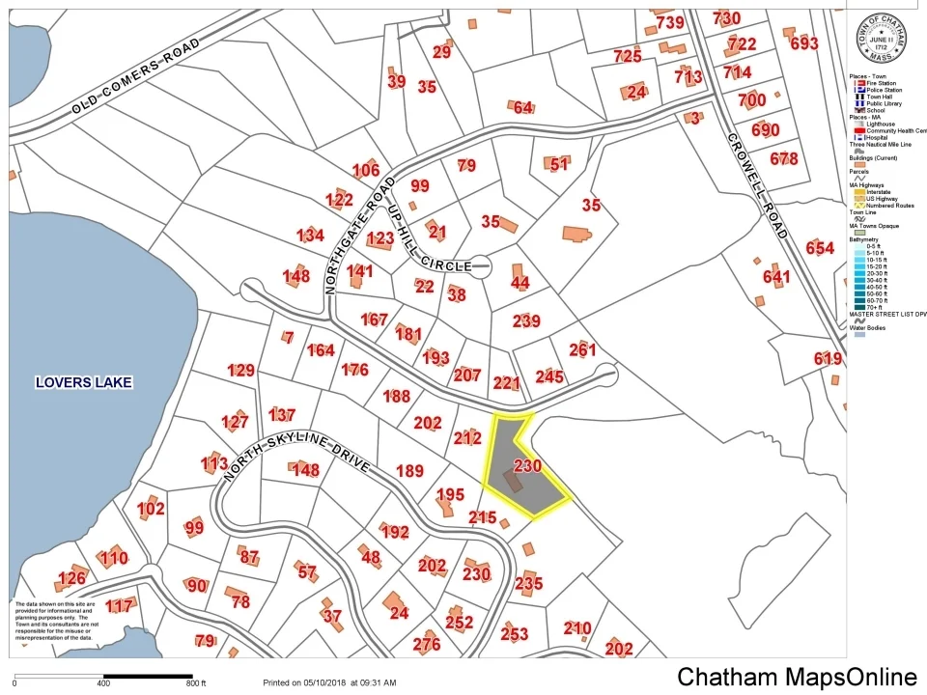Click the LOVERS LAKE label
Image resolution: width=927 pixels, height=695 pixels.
[83, 382]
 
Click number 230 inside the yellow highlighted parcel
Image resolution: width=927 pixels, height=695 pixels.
[527, 466]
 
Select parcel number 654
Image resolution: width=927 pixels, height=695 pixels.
[819, 248]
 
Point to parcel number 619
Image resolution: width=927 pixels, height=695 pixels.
[828, 358]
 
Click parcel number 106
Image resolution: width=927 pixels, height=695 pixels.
[365, 171]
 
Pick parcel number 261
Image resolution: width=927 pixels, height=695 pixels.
[583, 350]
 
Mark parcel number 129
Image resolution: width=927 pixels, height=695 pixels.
[240, 370]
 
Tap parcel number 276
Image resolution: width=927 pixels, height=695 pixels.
[426, 645]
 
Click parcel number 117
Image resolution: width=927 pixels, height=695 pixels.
[119, 606]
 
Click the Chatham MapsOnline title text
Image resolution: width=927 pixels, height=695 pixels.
[797, 677]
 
